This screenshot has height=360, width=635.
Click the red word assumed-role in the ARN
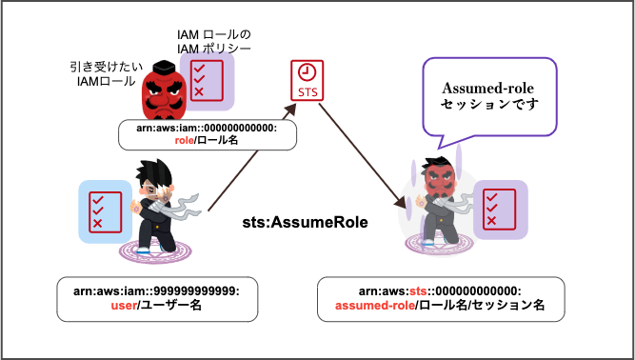tap(374, 305)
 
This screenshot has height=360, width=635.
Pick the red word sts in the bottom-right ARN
tap(419, 290)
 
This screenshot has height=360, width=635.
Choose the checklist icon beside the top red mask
tap(208, 82)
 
